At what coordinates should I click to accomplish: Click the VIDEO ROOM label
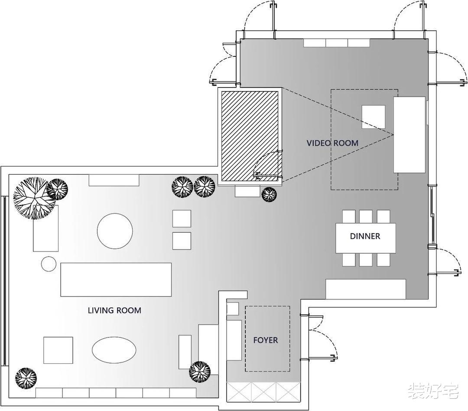point(332,143)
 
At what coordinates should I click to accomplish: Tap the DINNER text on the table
point(365,236)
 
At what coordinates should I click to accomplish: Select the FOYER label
point(265,340)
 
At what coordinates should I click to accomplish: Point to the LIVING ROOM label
point(114,310)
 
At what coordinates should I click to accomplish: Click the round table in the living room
point(115,231)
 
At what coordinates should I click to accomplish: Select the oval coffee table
point(114,350)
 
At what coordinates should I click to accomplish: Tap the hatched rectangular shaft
point(250,136)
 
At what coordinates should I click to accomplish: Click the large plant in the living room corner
point(31,198)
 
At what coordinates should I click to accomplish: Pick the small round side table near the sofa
point(49,264)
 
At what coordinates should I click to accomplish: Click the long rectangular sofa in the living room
point(116,280)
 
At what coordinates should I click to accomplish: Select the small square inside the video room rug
point(374,117)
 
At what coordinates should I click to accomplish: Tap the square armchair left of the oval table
point(58,350)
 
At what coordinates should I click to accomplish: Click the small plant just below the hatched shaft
point(269,195)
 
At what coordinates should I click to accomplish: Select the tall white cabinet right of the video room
point(409,135)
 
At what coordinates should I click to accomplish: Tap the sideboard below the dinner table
point(366,289)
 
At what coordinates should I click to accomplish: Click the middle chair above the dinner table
point(366,216)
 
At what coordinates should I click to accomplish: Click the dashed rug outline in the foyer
point(245,339)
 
